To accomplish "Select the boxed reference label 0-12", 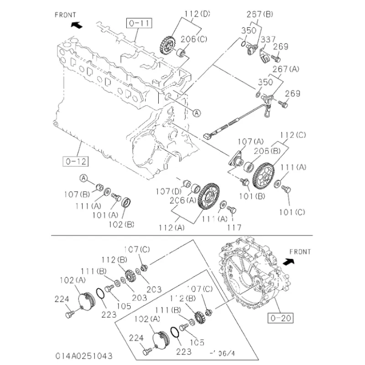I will pyautogui.click(x=76, y=161).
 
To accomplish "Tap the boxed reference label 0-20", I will pyautogui.click(x=281, y=318).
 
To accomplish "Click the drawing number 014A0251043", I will pyautogui.click(x=84, y=355).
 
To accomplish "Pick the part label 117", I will pyautogui.click(x=235, y=227).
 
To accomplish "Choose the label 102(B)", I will pyautogui.click(x=123, y=224).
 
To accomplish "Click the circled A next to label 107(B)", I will pyautogui.click(x=83, y=177).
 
